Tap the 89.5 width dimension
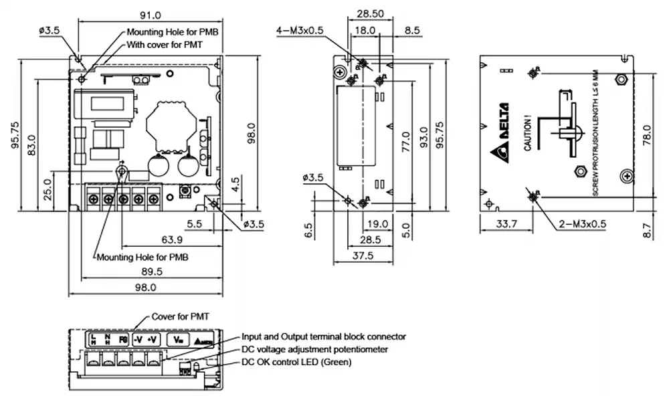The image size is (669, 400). click(152, 270)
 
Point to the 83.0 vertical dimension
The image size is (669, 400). click(32, 146)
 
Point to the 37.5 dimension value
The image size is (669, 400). click(363, 256)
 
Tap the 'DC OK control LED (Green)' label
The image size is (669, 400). click(296, 362)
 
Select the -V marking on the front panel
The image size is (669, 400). click(137, 340)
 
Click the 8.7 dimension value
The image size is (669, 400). click(646, 231)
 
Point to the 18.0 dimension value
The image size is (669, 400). click(365, 30)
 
